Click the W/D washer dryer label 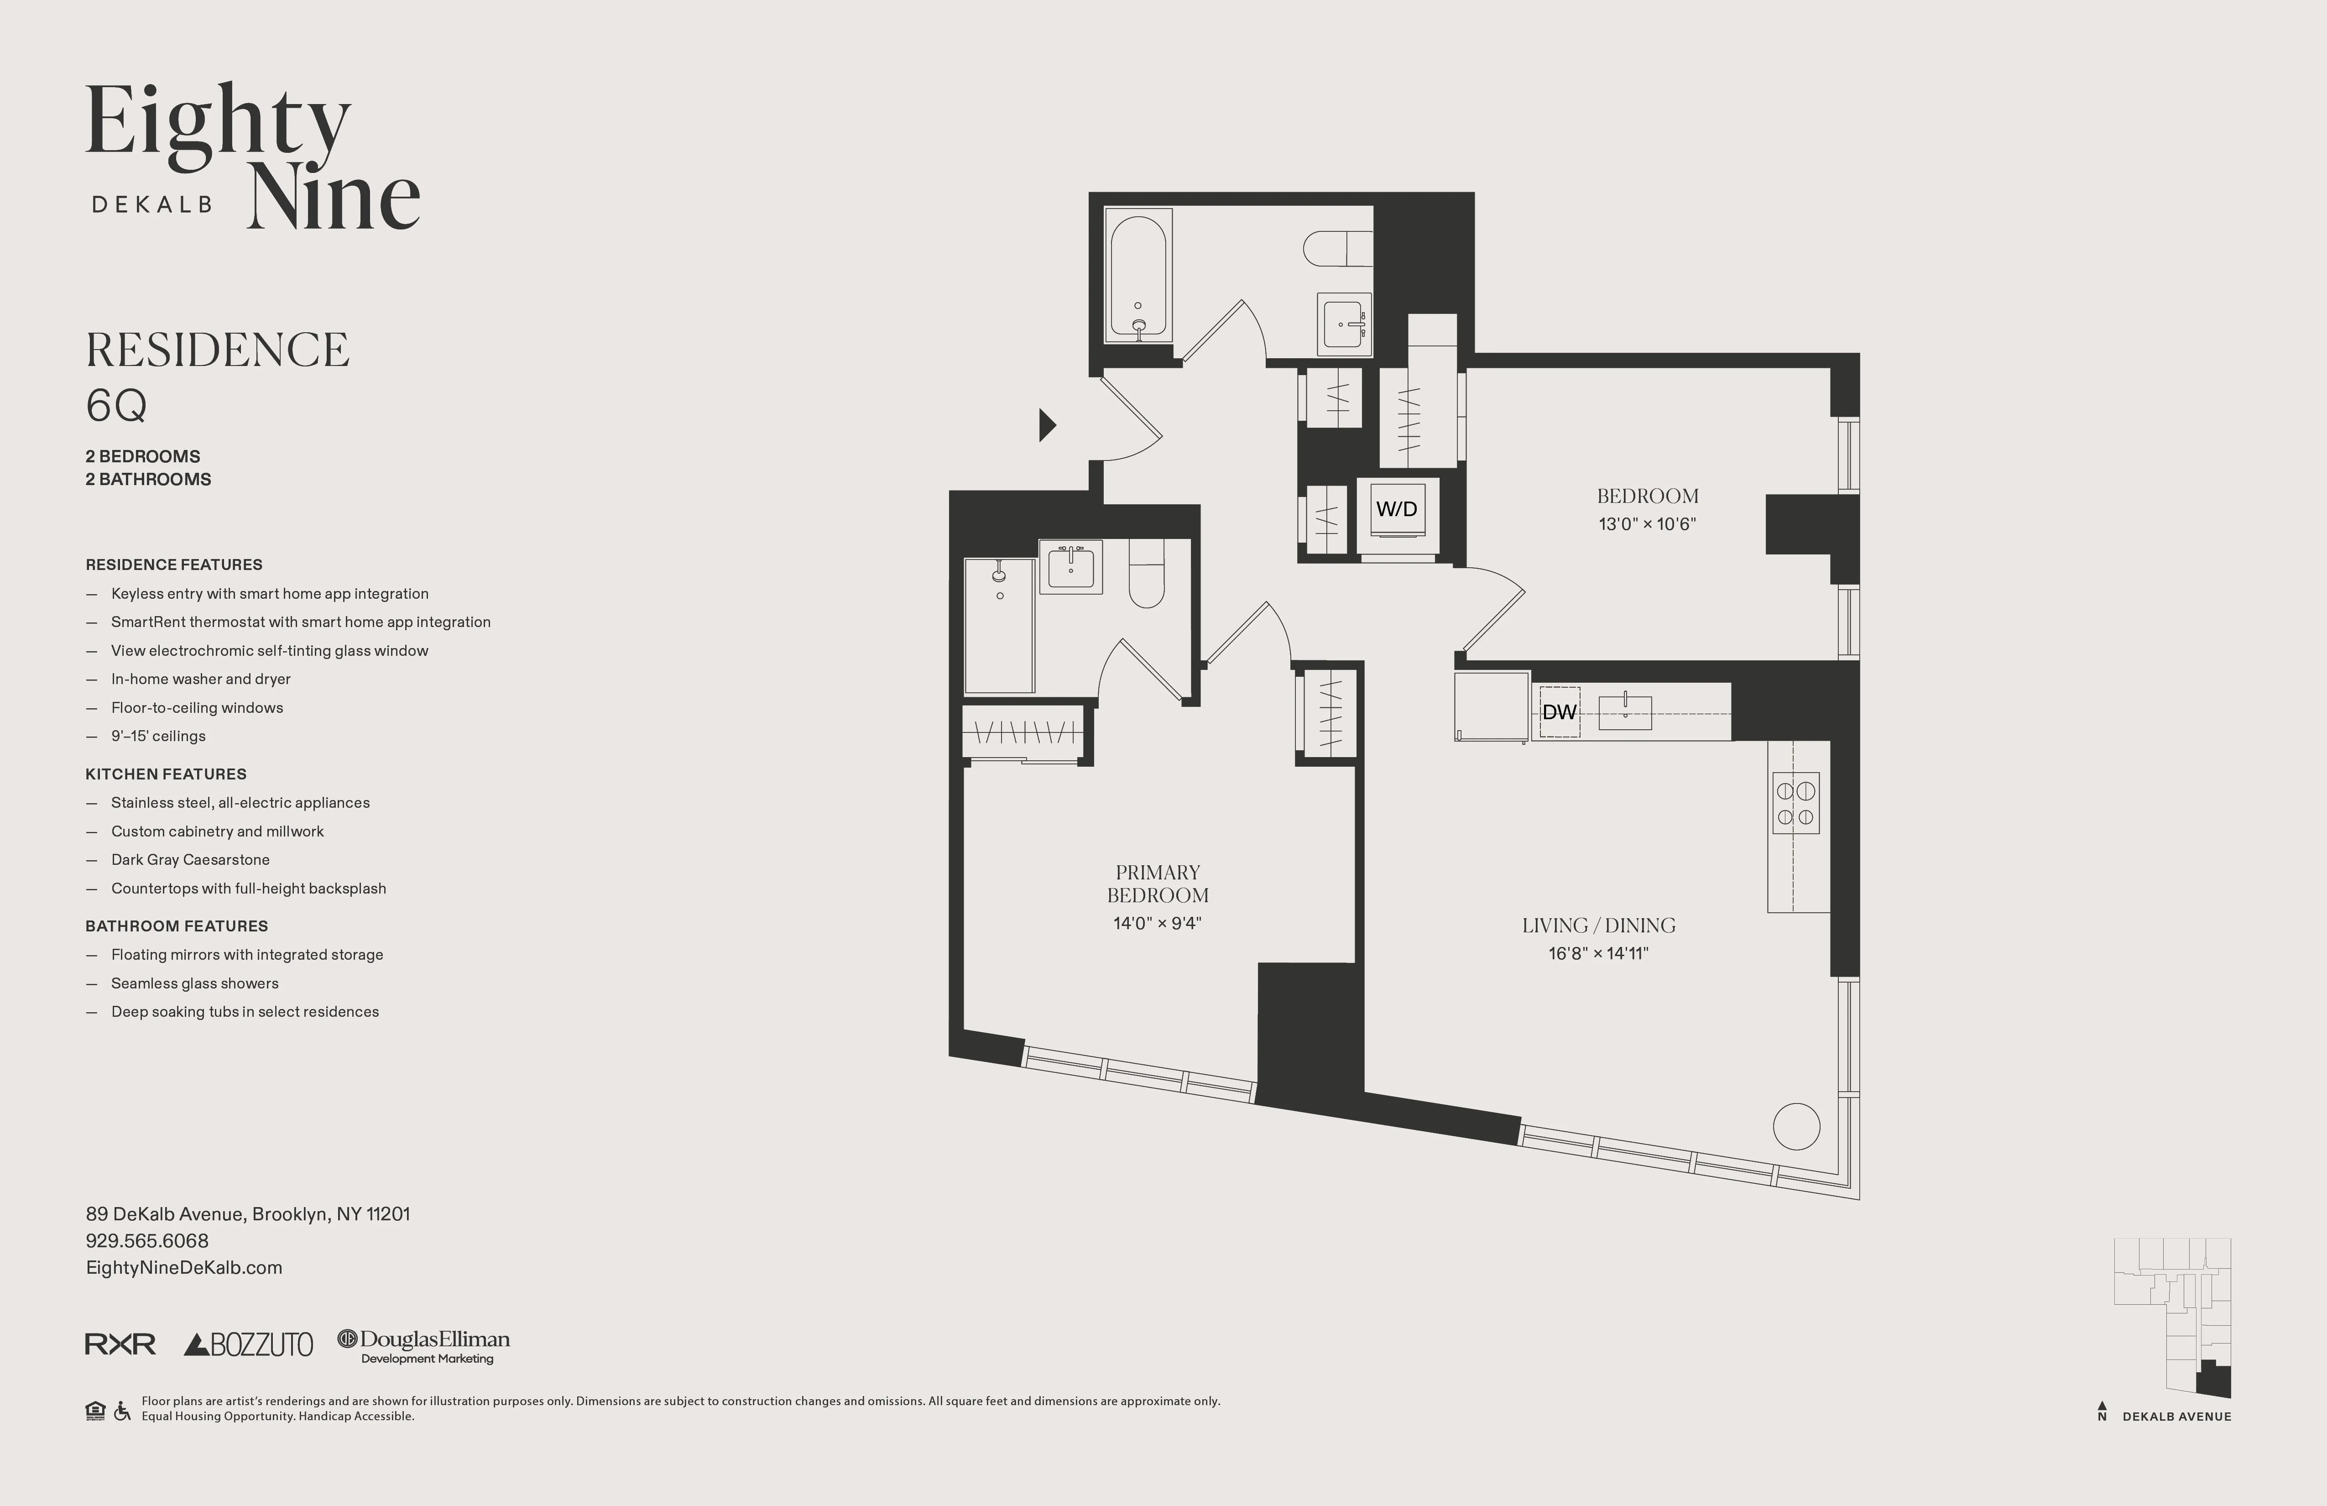(1396, 508)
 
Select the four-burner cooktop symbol (1795, 803)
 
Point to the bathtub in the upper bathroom (1138, 276)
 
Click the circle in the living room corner (1796, 1127)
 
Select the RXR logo (120, 1344)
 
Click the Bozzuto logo (248, 1344)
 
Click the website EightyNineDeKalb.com (184, 1267)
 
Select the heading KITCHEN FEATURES (165, 774)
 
